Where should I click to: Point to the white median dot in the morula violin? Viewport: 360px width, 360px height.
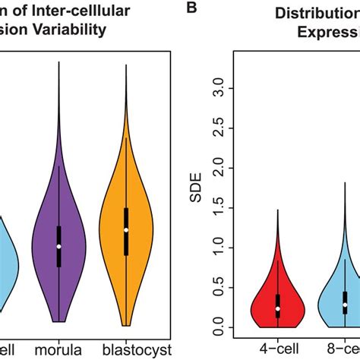coord(58,246)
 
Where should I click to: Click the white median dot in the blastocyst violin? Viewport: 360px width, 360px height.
coord(126,229)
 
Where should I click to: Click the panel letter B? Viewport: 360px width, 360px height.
coord(192,8)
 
